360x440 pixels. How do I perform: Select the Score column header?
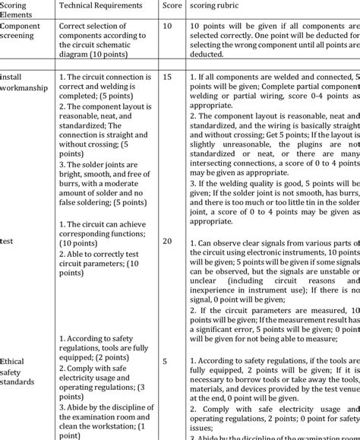172,5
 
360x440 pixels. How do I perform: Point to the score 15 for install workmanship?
168,78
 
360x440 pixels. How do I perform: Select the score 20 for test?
168,241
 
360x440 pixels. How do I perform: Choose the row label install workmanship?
24,82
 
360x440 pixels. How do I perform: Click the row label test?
7,240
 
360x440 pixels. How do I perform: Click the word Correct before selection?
74,26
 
